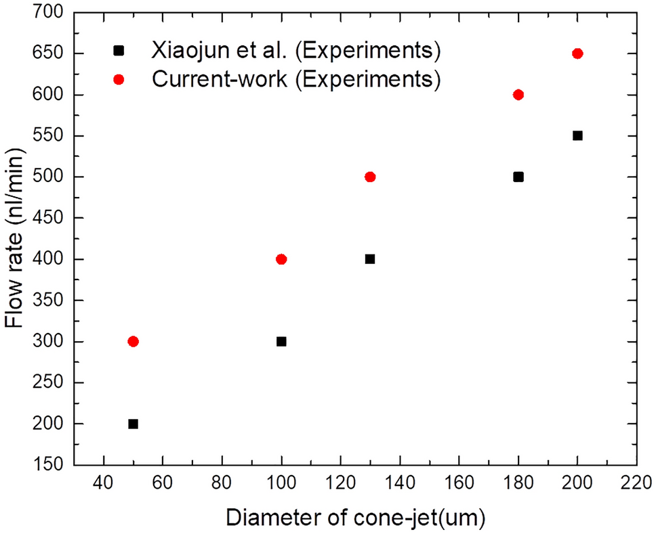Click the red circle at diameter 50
point(133,341)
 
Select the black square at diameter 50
point(133,424)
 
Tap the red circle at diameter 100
point(281,259)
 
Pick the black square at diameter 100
point(281,341)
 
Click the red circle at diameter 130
point(370,177)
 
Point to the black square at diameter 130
point(370,259)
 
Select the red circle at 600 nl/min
point(518,95)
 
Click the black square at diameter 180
point(518,177)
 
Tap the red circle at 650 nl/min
point(577,53)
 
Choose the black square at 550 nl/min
point(577,135)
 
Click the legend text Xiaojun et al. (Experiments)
point(297,50)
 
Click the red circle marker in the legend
point(119,80)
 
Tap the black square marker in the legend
point(119,50)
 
